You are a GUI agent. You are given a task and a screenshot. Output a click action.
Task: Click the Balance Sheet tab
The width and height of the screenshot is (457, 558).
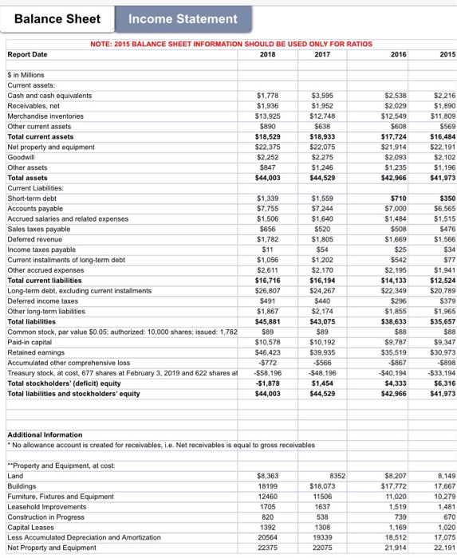click(57, 18)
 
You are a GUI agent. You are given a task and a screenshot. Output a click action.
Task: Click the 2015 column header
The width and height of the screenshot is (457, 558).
click(447, 55)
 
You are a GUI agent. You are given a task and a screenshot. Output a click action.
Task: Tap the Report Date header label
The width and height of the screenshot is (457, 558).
click(27, 55)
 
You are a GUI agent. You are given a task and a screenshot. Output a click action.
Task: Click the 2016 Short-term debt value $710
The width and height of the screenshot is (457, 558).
click(400, 198)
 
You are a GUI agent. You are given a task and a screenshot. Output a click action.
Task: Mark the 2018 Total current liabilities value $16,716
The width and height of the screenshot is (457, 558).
click(266, 281)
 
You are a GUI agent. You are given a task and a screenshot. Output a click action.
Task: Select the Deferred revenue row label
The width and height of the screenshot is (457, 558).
click(32, 239)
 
